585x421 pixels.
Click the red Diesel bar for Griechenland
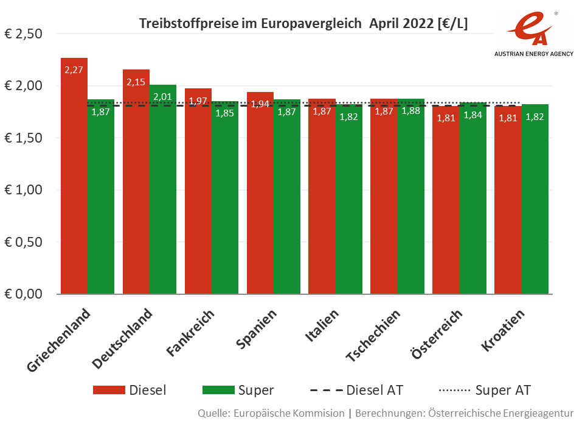74,183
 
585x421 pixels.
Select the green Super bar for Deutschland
162,195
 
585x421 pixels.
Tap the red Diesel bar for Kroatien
507,201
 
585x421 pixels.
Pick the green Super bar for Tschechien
410,201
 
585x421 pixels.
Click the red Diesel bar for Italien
322,201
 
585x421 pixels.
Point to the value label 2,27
74,69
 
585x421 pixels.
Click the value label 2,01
162,96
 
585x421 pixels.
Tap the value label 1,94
260,104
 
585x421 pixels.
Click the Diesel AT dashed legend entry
356,390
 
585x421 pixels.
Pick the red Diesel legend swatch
109,390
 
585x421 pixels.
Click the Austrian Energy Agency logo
533,34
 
